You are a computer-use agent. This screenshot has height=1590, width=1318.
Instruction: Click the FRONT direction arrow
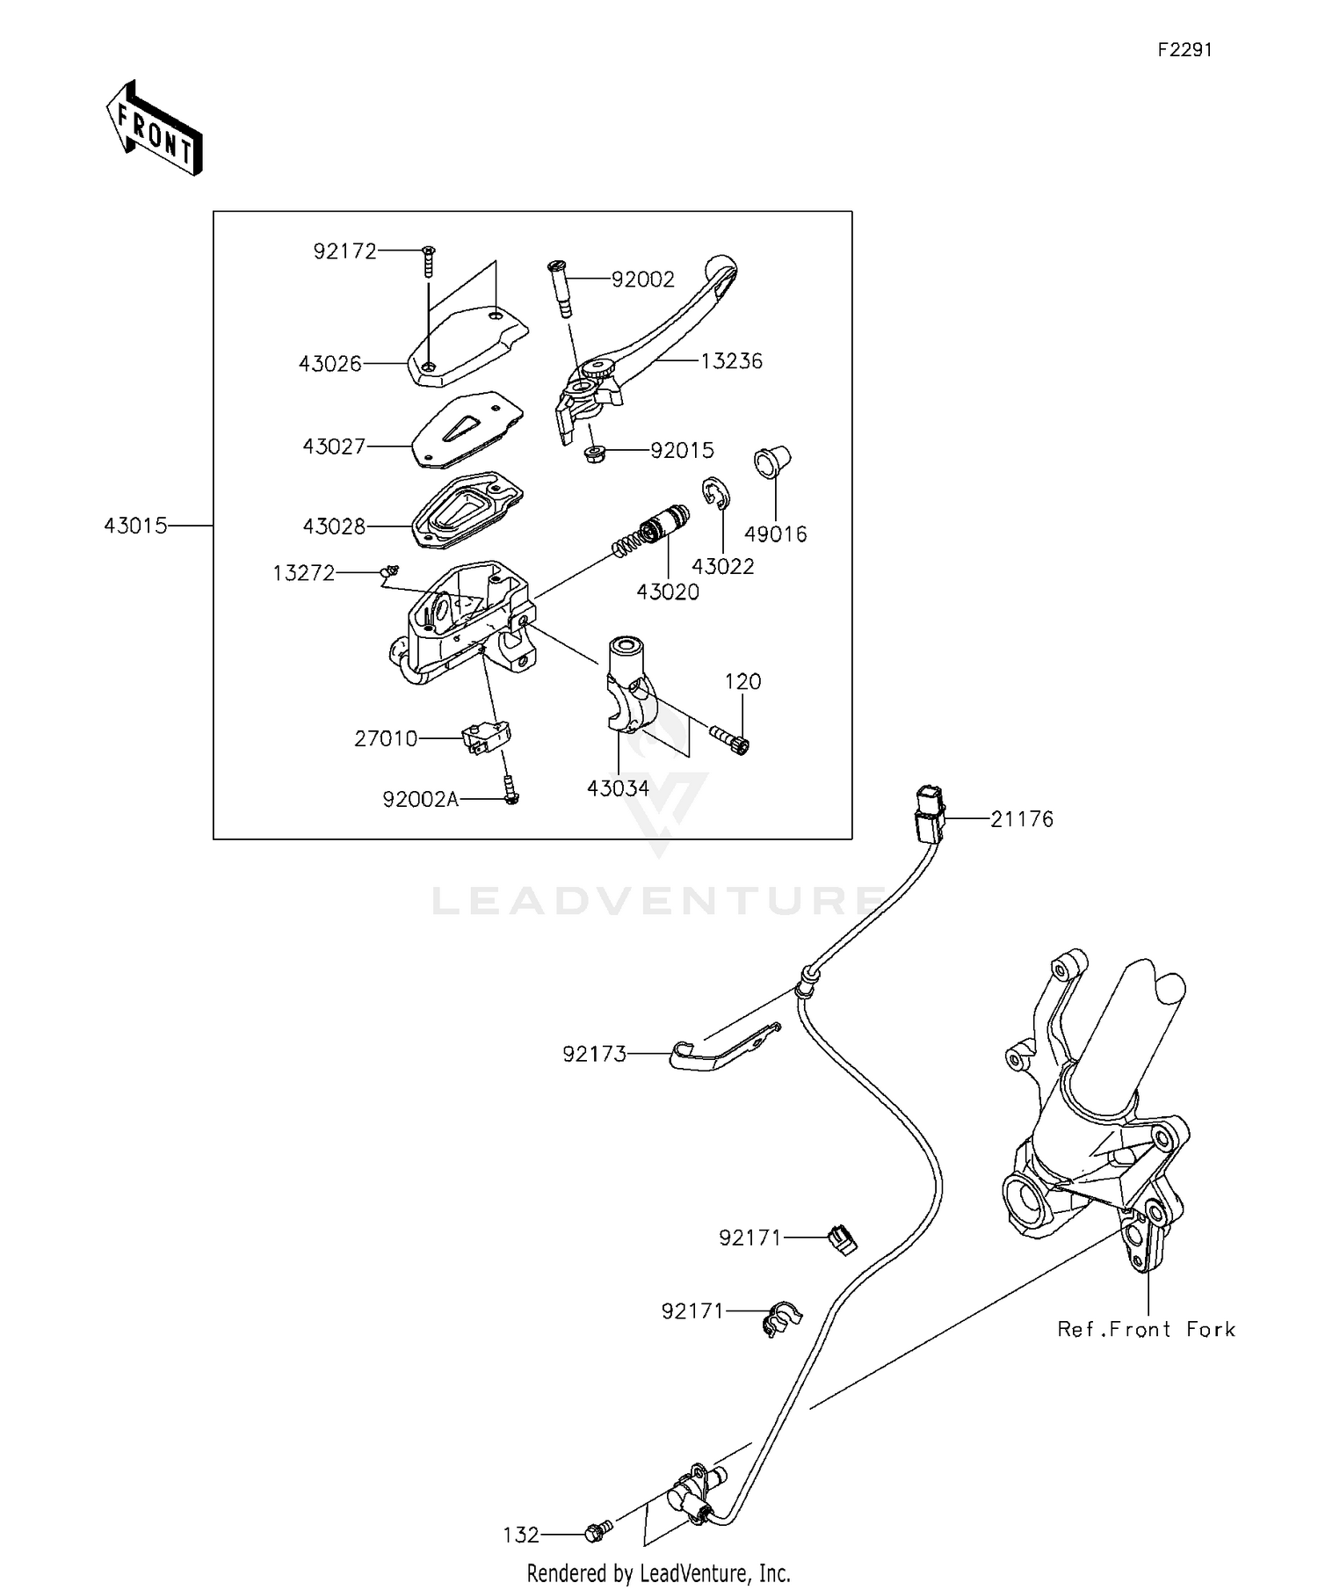pyautogui.click(x=155, y=128)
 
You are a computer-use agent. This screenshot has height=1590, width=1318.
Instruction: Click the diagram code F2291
pyautogui.click(x=1184, y=50)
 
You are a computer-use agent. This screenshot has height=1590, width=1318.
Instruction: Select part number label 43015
pyautogui.click(x=134, y=526)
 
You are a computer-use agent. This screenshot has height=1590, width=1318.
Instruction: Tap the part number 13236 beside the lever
pyautogui.click(x=731, y=361)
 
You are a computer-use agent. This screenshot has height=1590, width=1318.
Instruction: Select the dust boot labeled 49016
pyautogui.click(x=771, y=462)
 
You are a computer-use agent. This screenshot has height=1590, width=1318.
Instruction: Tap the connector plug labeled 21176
pyautogui.click(x=928, y=814)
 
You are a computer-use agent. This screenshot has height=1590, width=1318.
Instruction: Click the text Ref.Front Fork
pyautogui.click(x=1146, y=1330)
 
